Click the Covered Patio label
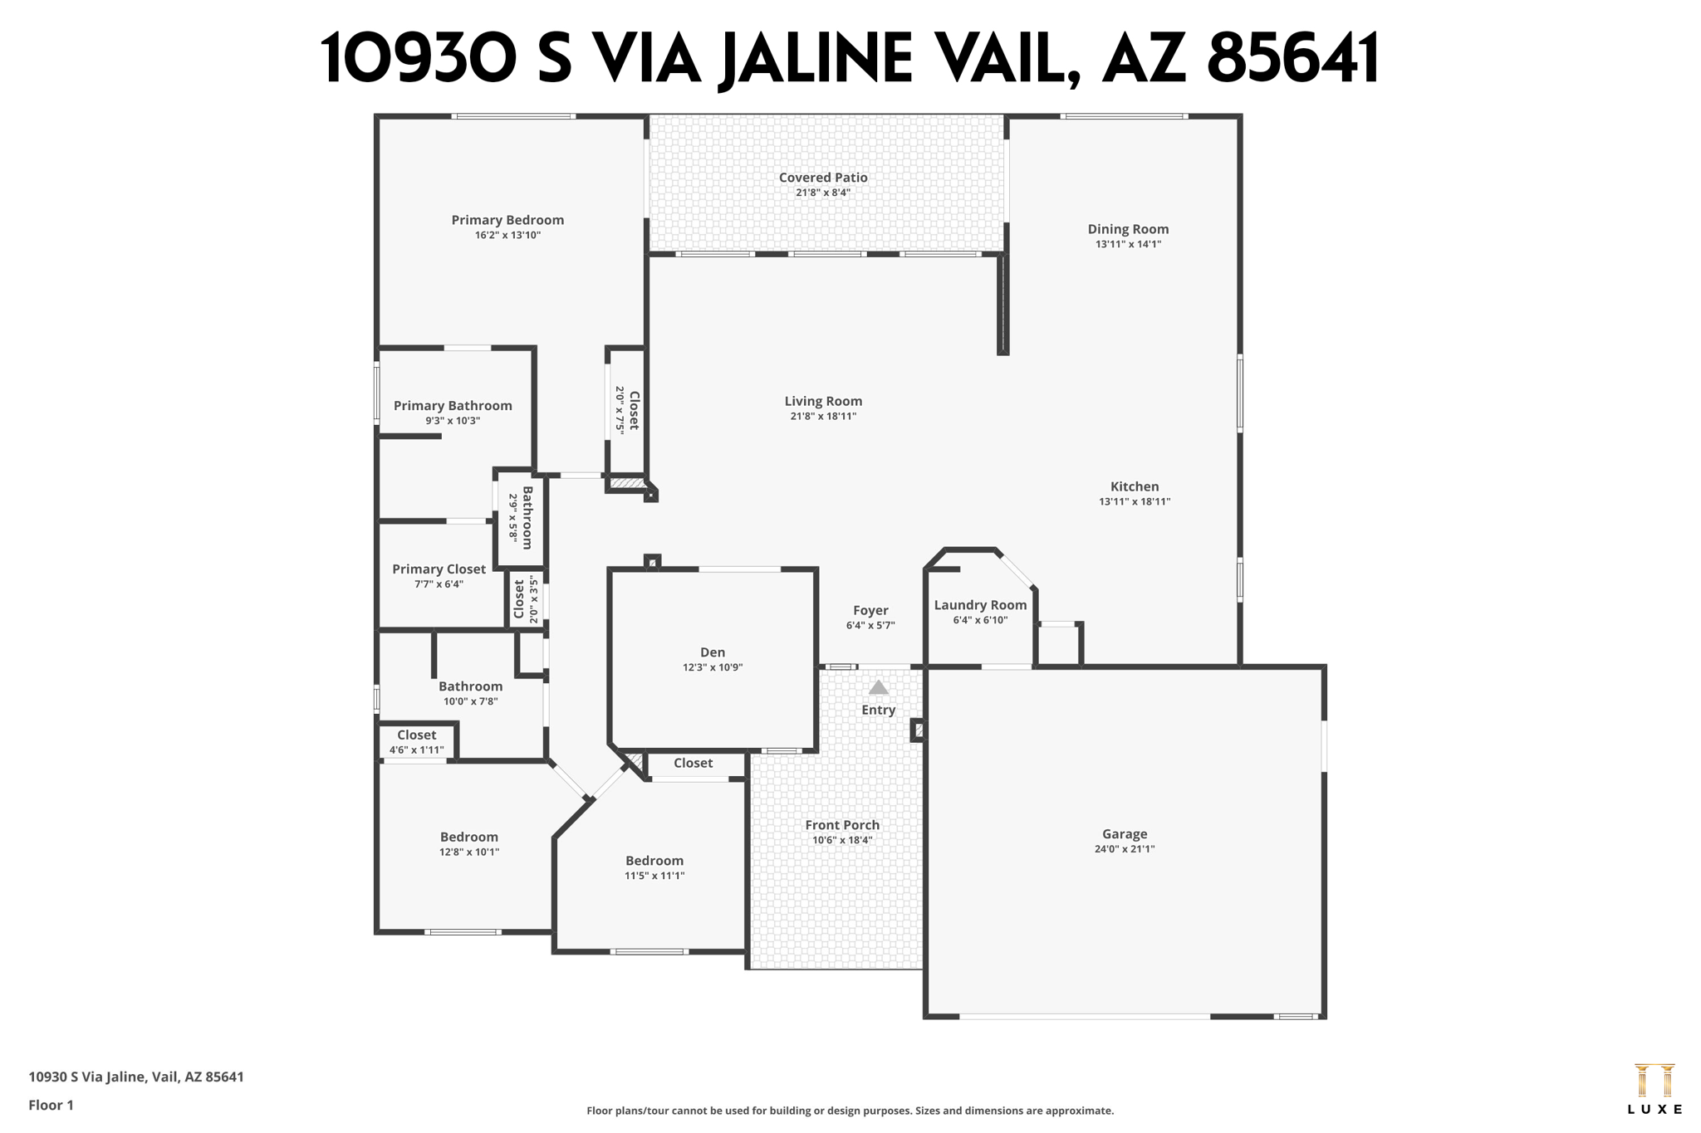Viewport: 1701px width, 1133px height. (x=822, y=178)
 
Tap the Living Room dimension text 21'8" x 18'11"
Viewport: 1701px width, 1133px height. (x=822, y=417)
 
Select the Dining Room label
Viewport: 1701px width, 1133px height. (x=1128, y=229)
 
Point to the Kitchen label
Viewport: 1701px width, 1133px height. (x=1134, y=486)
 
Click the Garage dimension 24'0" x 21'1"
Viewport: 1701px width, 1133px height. (x=1124, y=849)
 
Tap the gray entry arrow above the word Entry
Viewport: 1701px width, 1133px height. (x=878, y=687)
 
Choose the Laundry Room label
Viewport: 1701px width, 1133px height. (x=980, y=605)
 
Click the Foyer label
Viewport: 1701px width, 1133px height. (x=870, y=610)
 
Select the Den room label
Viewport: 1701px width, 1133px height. (x=712, y=652)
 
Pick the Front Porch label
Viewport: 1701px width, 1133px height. (x=841, y=825)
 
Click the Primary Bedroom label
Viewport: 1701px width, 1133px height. (x=507, y=220)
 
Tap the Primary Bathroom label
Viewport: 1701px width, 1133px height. (x=453, y=406)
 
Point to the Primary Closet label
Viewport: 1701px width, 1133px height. (x=439, y=569)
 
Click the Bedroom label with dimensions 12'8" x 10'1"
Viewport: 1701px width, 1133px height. (x=469, y=838)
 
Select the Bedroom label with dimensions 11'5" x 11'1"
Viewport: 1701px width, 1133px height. (x=654, y=861)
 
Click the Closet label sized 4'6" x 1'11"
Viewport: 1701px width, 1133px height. (x=416, y=735)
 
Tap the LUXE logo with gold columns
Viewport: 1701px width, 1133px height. (x=1654, y=1088)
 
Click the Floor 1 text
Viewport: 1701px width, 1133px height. (x=51, y=1105)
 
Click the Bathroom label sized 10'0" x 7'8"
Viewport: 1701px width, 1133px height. (x=470, y=686)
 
